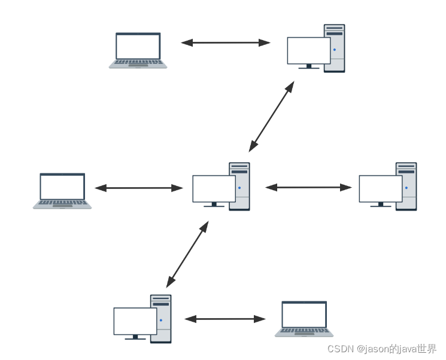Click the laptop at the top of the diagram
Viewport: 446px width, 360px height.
138,50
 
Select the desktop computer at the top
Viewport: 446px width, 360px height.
316,49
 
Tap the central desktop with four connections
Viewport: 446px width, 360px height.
221,186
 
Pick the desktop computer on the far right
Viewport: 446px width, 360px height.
388,186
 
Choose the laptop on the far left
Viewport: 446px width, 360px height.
62,190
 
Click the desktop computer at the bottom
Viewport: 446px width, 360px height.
142,318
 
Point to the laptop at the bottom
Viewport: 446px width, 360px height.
304,318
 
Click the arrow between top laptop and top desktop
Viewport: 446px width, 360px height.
226,42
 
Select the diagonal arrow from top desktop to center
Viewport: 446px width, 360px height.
272,116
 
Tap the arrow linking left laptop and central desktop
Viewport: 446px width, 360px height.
139,188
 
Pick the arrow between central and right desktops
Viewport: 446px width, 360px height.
309,187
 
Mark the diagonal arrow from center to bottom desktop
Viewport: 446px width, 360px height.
187,254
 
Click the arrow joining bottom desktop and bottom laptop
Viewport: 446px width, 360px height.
225,319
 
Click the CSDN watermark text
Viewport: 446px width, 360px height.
382,349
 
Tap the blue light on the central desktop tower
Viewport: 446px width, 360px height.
239,188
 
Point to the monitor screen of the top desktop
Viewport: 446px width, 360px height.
309,50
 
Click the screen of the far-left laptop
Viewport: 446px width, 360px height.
62,187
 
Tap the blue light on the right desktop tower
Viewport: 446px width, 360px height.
406,188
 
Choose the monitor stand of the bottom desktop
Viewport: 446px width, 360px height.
135,337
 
